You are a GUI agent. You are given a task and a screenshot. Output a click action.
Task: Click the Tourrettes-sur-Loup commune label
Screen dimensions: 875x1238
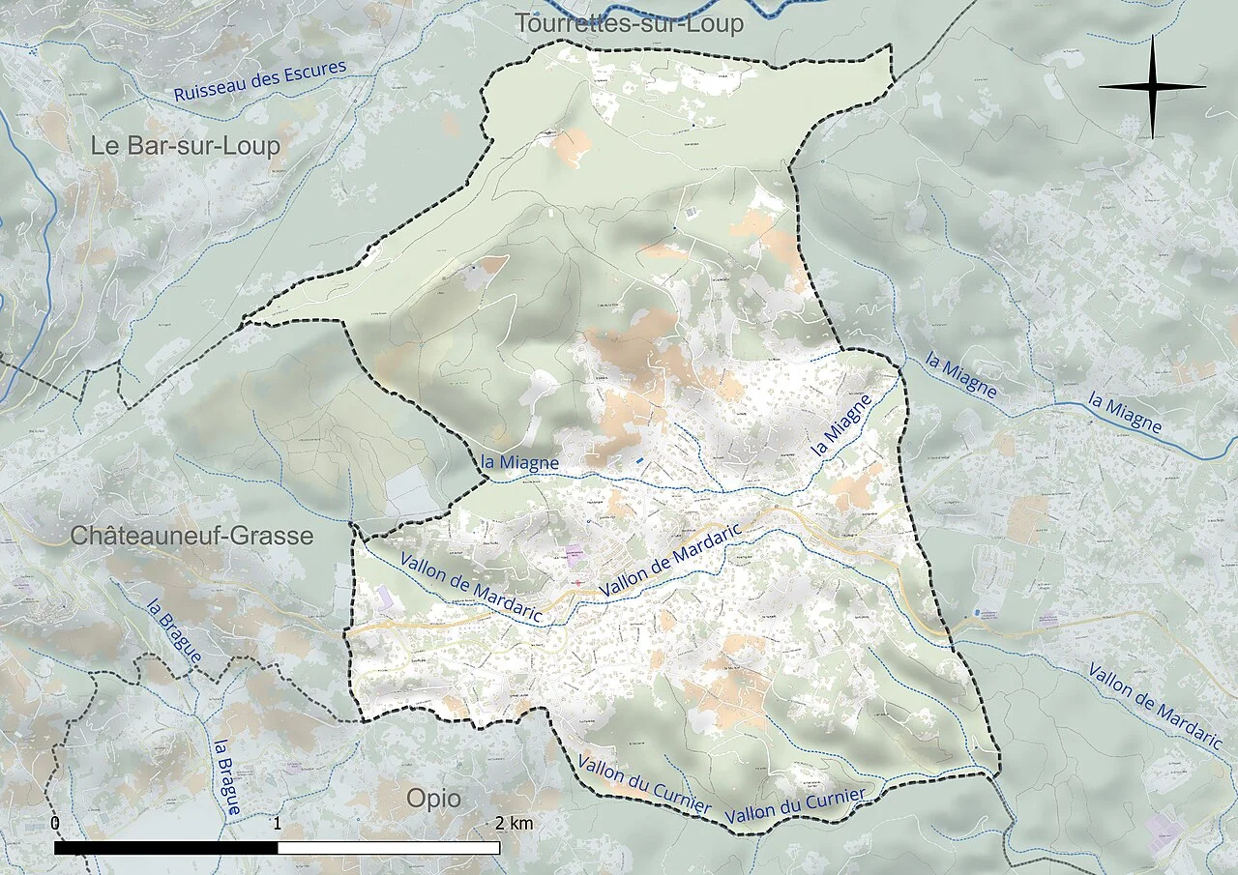(629, 23)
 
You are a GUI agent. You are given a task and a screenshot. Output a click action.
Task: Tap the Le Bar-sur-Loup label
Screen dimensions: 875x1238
(185, 146)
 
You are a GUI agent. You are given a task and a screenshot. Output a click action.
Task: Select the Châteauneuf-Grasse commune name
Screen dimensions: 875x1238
(192, 536)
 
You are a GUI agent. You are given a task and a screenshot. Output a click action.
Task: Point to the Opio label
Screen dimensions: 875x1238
(433, 800)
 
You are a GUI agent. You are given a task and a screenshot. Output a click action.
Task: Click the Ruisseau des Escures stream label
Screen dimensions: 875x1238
(260, 82)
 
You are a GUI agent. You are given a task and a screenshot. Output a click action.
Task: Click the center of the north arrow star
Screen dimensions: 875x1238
(1152, 87)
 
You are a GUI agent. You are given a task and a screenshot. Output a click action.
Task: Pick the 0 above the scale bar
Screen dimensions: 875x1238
(55, 824)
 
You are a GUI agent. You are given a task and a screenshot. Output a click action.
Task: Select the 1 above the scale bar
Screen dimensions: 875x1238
(278, 824)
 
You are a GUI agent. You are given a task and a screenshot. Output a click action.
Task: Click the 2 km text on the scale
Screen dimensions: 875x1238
(514, 824)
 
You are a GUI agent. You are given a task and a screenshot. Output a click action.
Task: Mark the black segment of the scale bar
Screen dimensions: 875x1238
(165, 848)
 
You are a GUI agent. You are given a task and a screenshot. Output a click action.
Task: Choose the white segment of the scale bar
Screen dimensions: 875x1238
(388, 848)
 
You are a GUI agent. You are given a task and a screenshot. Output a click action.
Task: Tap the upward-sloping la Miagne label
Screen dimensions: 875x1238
(840, 424)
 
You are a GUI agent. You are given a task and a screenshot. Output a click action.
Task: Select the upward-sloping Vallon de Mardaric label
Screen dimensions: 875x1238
(670, 560)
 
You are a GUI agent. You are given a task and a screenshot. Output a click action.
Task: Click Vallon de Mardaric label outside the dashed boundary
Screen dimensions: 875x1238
(1154, 706)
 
